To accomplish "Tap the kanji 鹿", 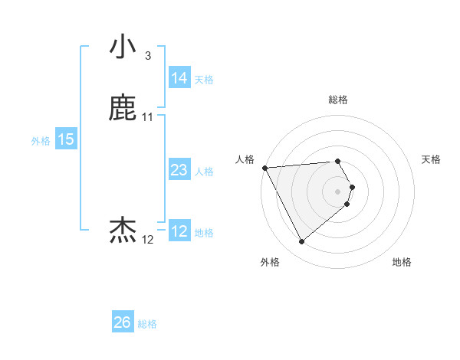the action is (123, 109).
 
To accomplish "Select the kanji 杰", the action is (123, 231).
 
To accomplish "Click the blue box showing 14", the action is (179, 78).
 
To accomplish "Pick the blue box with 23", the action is (179, 170).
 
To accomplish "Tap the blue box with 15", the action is (66, 139).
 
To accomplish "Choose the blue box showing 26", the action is (123, 322).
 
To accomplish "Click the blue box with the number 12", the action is (179, 231).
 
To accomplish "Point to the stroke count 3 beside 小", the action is (147, 55).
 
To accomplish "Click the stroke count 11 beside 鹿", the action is (148, 117).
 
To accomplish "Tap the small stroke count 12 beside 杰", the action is (148, 240).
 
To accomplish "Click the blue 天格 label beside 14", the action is (204, 80).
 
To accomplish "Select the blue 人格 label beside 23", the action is (204, 172).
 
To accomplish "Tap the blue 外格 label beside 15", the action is (41, 141).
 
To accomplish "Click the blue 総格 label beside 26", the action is (147, 324).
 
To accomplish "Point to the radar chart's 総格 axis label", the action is (338, 100).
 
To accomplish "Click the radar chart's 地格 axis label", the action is (402, 263).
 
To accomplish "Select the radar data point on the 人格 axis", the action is (264, 168).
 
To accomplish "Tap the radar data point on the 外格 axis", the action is (301, 242).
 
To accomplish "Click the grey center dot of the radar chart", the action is (338, 191).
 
